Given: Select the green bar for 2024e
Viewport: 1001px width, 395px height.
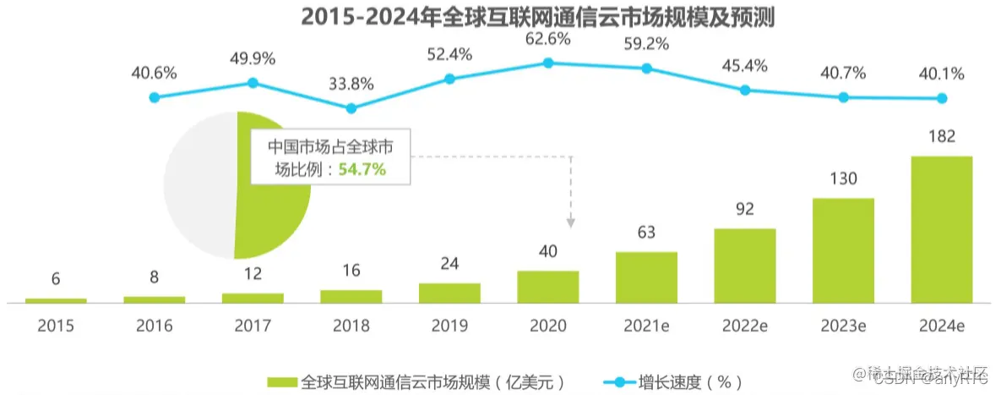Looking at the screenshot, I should [x=941, y=228].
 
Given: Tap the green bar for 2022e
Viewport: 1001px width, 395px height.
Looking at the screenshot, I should [x=744, y=265].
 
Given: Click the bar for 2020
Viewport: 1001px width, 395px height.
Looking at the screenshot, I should [x=547, y=286].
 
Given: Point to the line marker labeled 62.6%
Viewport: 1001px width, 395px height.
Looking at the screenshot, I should [x=547, y=63].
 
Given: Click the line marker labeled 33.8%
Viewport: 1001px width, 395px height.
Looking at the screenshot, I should [x=351, y=108].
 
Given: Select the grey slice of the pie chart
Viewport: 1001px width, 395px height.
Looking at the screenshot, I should [x=199, y=186].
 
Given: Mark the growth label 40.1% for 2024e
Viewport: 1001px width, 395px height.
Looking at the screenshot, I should [x=942, y=74].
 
